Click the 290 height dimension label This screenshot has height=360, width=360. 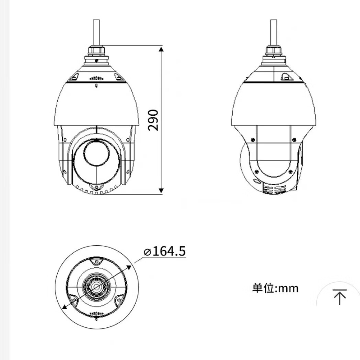click(153, 120)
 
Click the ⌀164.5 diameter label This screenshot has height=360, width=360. click(165, 251)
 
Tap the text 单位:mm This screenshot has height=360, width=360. click(275, 288)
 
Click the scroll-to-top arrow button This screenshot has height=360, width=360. click(339, 297)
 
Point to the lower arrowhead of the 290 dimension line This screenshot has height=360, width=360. click(161, 190)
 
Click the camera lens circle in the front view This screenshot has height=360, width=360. click(97, 153)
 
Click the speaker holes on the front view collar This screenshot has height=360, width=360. click(96, 78)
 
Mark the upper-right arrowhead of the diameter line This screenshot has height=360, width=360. click(129, 267)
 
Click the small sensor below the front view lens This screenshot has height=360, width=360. click(97, 187)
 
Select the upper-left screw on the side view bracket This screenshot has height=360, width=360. click(253, 139)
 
